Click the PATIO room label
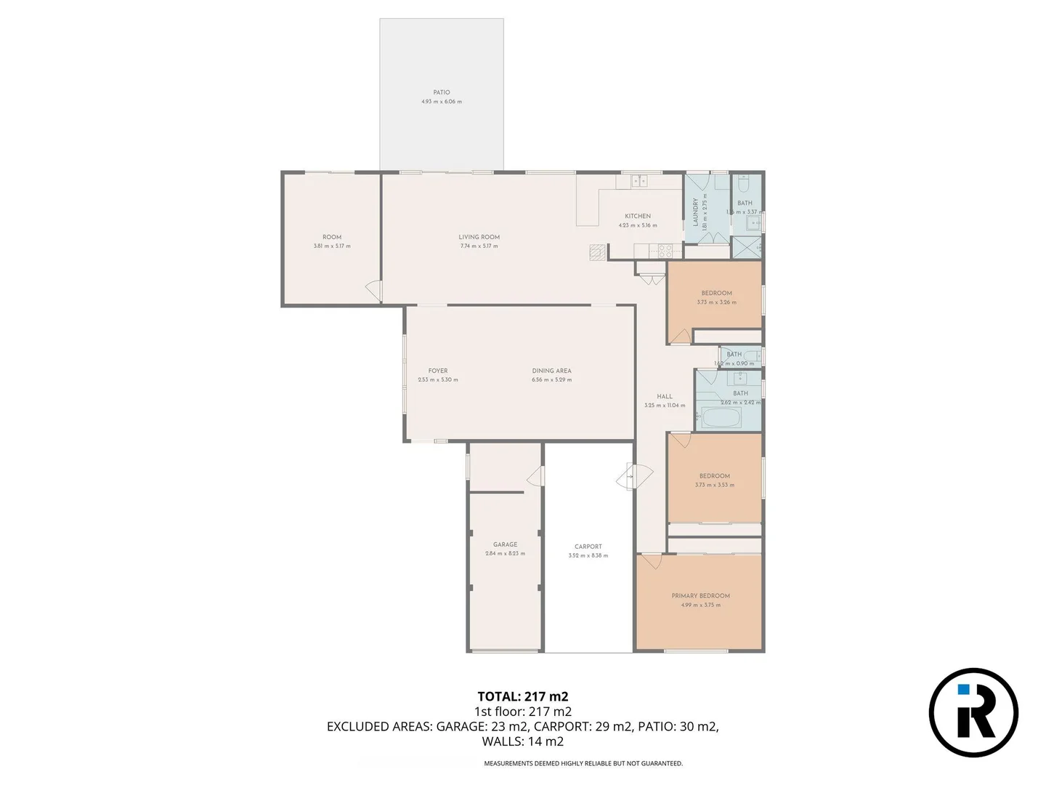click(x=441, y=92)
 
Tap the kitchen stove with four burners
click(x=665, y=251)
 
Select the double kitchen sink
click(x=638, y=180)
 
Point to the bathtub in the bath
click(x=720, y=418)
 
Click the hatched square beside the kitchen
click(x=596, y=251)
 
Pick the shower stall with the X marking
click(x=747, y=247)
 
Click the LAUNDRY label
click(x=695, y=212)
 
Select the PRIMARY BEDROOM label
click(x=700, y=595)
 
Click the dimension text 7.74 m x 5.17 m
click(x=479, y=246)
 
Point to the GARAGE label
click(x=505, y=544)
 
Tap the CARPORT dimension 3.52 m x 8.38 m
click(x=588, y=556)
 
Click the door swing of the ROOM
click(x=373, y=291)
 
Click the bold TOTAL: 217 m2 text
click(x=522, y=696)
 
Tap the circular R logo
click(x=973, y=712)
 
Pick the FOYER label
click(x=438, y=371)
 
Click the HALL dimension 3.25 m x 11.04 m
click(x=664, y=406)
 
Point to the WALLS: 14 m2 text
click(x=522, y=741)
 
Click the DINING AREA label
click(x=551, y=371)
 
